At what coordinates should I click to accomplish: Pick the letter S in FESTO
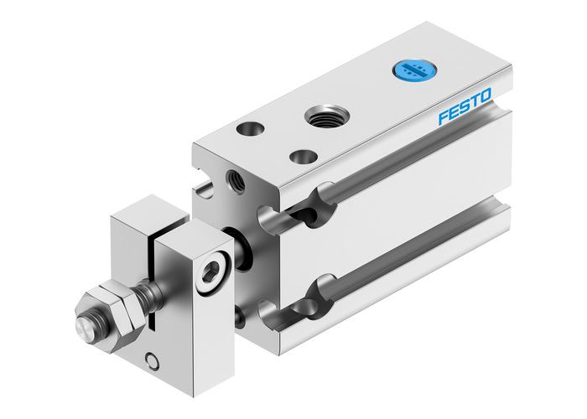[467, 109]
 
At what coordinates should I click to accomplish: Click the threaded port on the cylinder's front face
[231, 178]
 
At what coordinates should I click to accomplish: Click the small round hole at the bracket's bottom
[152, 361]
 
